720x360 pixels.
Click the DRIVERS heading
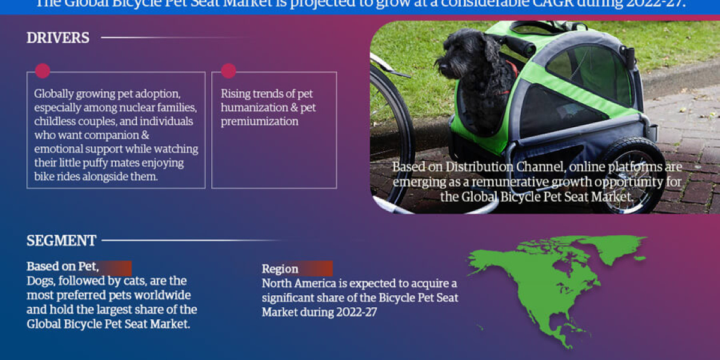pos(58,38)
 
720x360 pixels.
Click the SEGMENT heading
pos(61,241)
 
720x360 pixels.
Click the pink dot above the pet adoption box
pos(42,71)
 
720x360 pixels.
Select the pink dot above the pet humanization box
pos(228,71)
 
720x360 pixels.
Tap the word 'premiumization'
pos(259,121)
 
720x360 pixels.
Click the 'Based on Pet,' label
pos(62,266)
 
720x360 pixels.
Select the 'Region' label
pos(280,269)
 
